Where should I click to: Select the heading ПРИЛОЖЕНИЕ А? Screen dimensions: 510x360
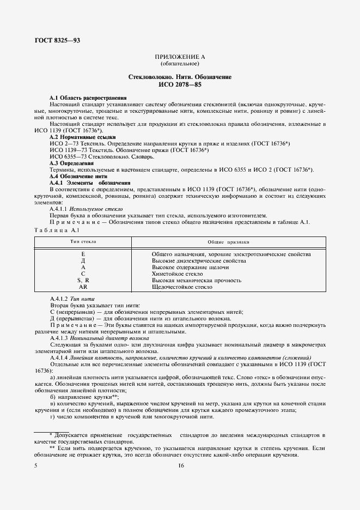tap(180, 57)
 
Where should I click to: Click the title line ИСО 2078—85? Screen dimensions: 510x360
tap(180, 86)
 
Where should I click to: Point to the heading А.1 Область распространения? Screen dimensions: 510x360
tap(80, 97)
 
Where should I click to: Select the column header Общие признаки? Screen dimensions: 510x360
tap(229, 240)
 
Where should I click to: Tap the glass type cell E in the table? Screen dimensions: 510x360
tap(83, 254)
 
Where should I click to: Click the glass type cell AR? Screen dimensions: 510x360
tap(83, 286)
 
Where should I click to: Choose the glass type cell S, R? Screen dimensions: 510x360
tap(83, 280)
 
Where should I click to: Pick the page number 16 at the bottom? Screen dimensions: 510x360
tap(180, 465)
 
